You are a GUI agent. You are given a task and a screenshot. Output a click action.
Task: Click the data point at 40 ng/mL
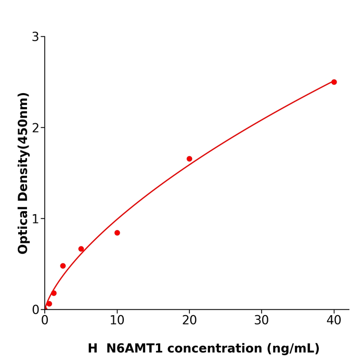click(334, 82)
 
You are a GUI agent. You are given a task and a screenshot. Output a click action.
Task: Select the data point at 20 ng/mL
click(189, 159)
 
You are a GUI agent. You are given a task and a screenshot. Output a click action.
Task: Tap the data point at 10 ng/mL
click(117, 233)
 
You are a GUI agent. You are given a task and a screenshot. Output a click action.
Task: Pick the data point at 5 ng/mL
click(81, 249)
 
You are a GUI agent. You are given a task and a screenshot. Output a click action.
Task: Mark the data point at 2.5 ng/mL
click(63, 266)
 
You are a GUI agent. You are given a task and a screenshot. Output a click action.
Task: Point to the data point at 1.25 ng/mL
click(54, 293)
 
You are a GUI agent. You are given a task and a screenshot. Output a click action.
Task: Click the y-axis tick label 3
click(35, 37)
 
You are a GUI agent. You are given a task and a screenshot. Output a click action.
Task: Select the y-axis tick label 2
click(35, 128)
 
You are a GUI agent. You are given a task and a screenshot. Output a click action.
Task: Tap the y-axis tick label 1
click(35, 219)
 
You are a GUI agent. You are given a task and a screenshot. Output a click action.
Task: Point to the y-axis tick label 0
click(35, 310)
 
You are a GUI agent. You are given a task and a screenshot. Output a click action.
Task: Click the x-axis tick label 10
click(117, 321)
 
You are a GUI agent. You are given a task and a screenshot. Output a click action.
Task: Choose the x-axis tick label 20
click(189, 321)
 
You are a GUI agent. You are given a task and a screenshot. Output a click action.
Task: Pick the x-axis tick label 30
click(262, 321)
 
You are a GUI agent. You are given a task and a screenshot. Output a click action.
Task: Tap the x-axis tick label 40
click(334, 321)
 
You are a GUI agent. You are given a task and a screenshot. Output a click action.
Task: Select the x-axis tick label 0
click(45, 321)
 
